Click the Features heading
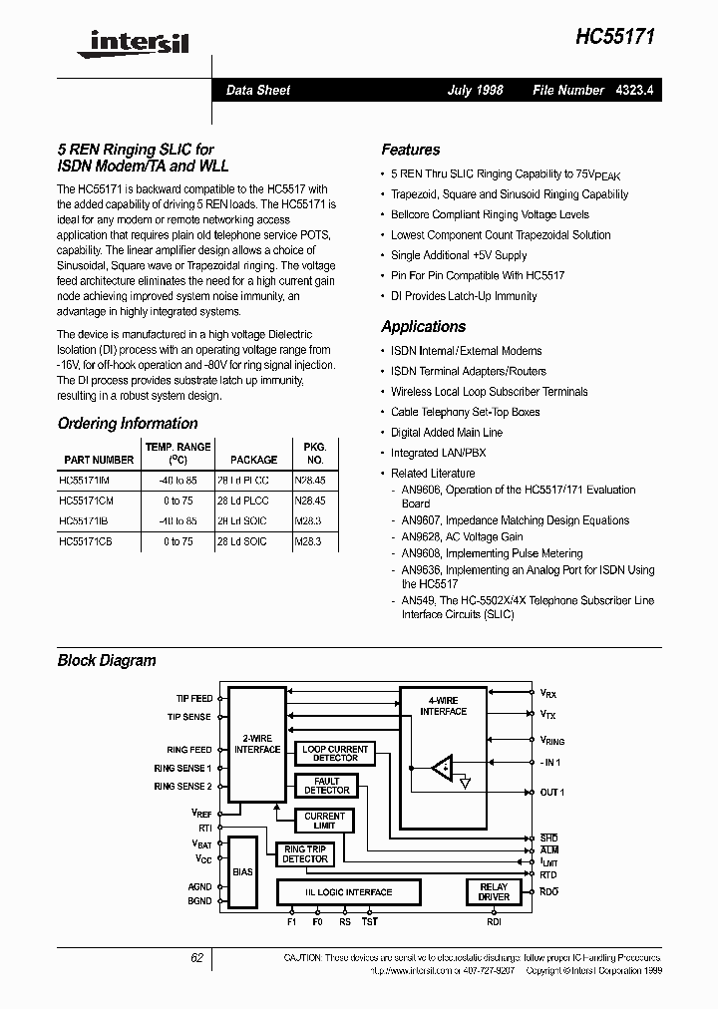(x=410, y=150)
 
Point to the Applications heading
(x=423, y=326)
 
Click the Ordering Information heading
(x=128, y=423)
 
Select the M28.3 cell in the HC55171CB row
(x=310, y=541)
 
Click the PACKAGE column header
(x=253, y=460)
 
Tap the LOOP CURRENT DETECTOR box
(x=335, y=753)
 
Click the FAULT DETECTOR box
(x=327, y=786)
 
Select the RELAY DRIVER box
(x=494, y=891)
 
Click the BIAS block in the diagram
(x=242, y=870)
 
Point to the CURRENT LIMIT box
(x=324, y=821)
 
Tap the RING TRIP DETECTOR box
(x=304, y=853)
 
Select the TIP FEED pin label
(x=189, y=699)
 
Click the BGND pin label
(x=199, y=901)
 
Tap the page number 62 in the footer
(x=196, y=957)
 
